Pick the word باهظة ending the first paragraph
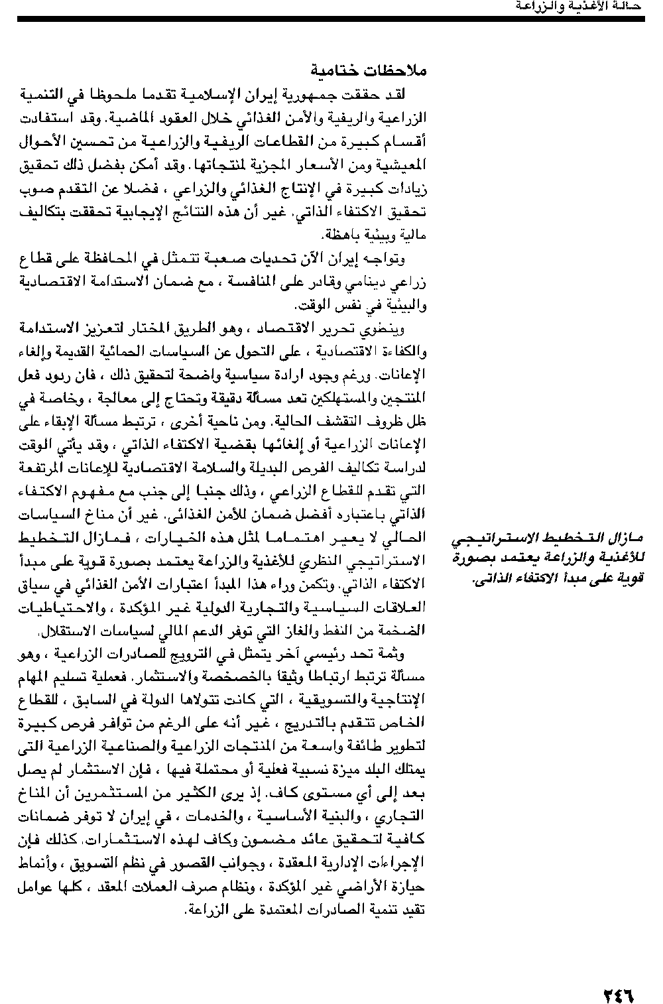(x=340, y=235)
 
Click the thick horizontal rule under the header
(x=331, y=19)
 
